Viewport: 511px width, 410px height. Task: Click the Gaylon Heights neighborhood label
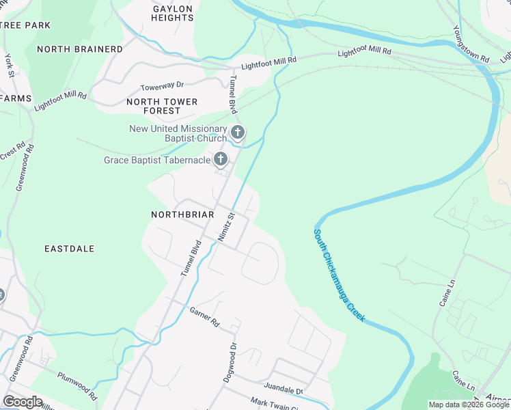pyautogui.click(x=173, y=14)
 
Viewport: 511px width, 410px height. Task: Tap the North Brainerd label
pyautogui.click(x=80, y=49)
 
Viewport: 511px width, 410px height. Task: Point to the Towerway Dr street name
pyautogui.click(x=162, y=87)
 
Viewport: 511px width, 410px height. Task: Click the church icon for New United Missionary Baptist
pyautogui.click(x=238, y=132)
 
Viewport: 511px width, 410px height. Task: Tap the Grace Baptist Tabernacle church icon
pyautogui.click(x=220, y=160)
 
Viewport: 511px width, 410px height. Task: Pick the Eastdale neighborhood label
pyautogui.click(x=69, y=249)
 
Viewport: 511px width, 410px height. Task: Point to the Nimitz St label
pyautogui.click(x=226, y=225)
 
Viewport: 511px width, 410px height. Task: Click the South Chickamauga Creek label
pyautogui.click(x=340, y=275)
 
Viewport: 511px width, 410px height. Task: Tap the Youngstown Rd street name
pyautogui.click(x=471, y=45)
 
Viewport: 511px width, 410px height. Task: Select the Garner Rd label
pyautogui.click(x=204, y=316)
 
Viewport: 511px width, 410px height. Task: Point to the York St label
pyautogui.click(x=10, y=64)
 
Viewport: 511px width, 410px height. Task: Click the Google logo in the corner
pyautogui.click(x=23, y=402)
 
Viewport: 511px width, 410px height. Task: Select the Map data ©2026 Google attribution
pyautogui.click(x=469, y=405)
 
